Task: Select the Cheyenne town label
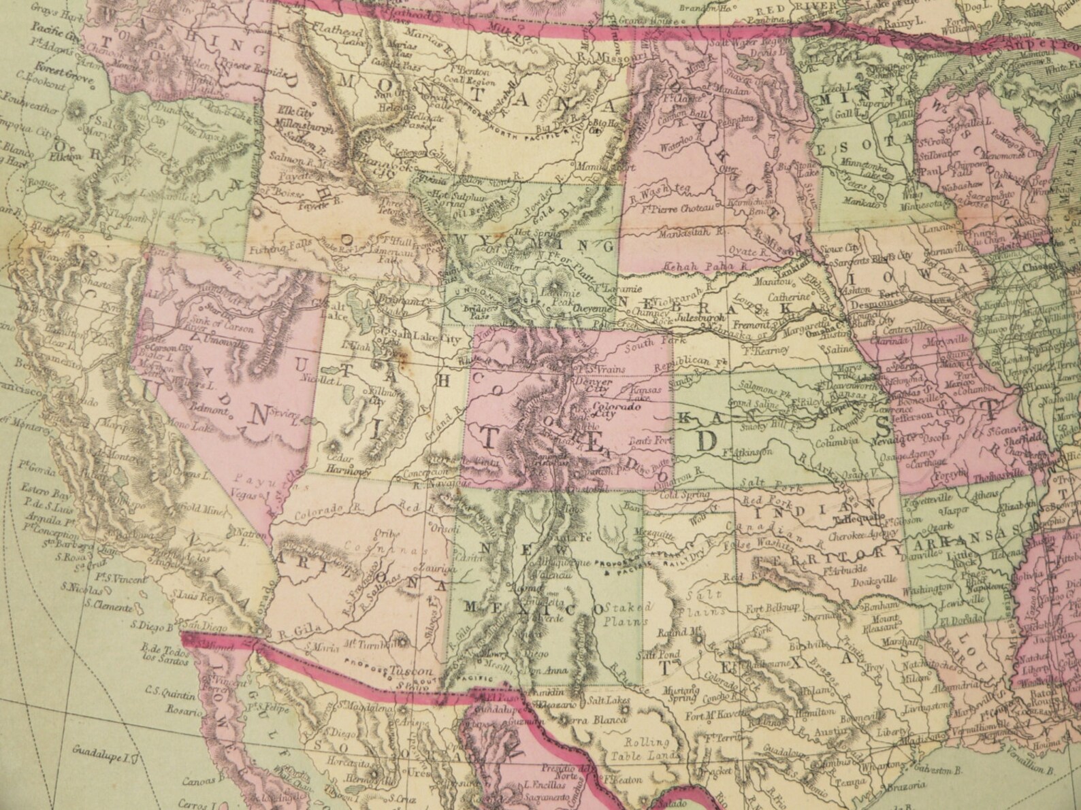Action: (593, 308)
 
